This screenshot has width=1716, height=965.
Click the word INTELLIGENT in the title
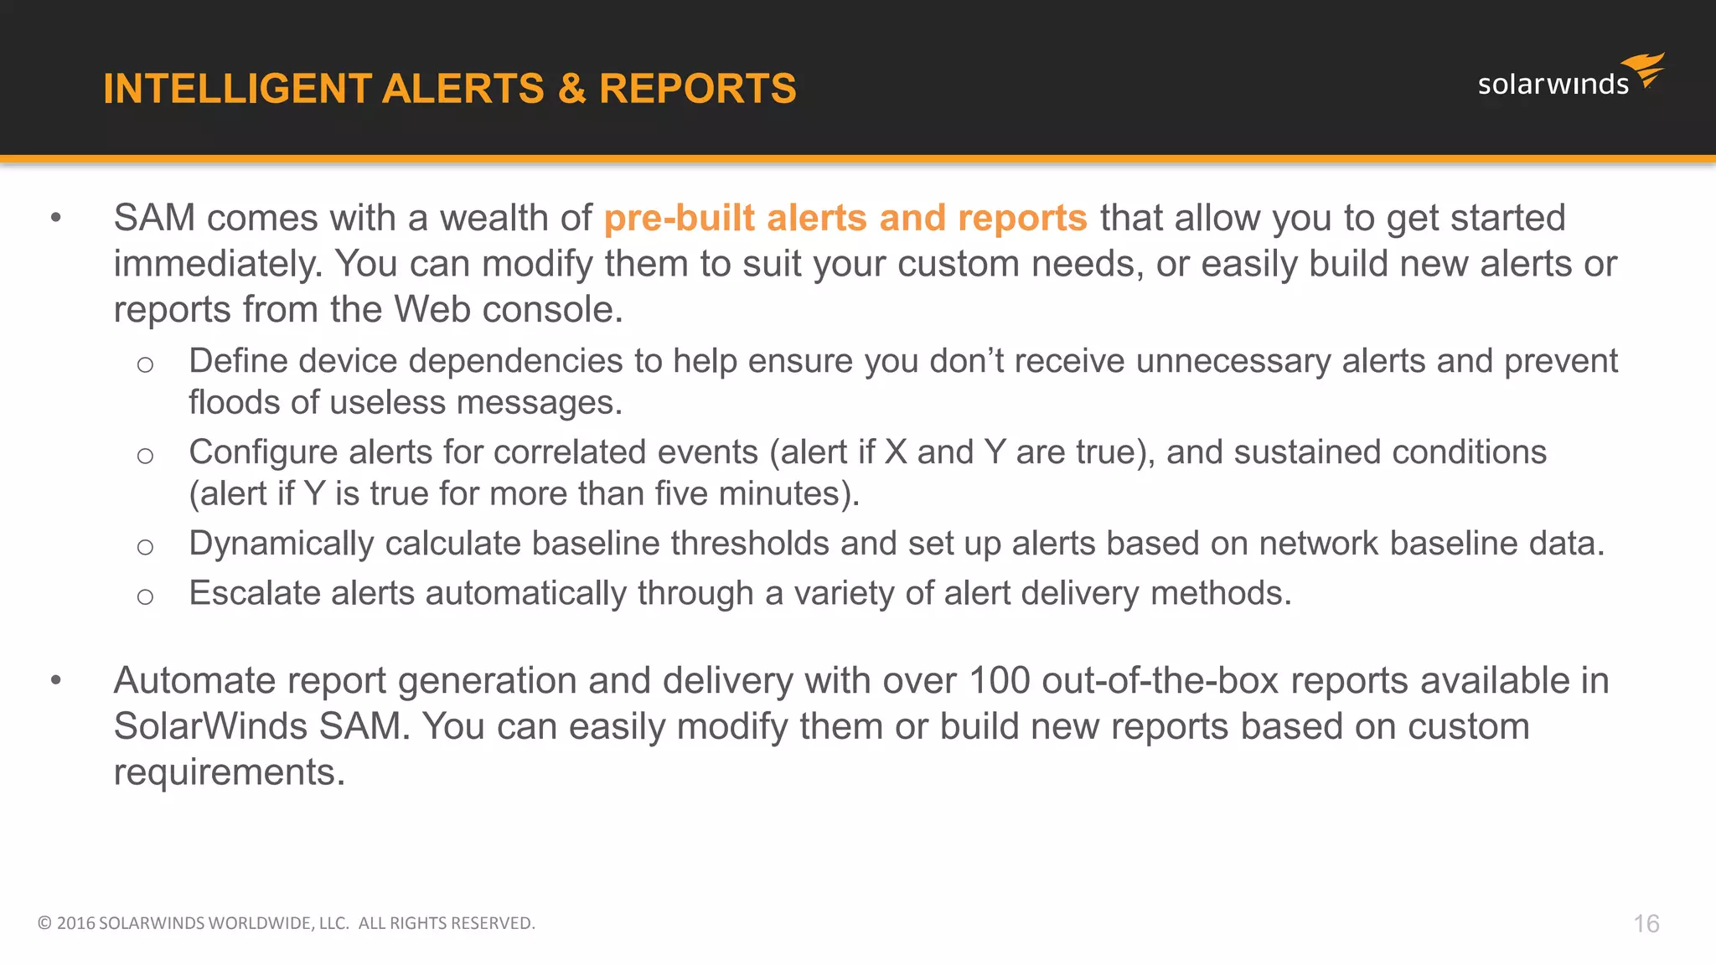tap(237, 89)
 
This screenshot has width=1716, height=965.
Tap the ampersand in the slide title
tap(571, 89)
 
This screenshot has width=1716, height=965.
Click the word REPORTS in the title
tap(698, 89)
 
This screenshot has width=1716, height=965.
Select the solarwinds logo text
tap(1553, 85)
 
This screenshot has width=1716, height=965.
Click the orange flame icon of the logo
tap(1644, 70)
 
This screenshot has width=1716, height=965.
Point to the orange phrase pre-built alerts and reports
tap(845, 218)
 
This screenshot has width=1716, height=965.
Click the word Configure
tap(263, 452)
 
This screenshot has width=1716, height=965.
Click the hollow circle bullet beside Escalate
tap(145, 596)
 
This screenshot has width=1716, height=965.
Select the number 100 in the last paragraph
tap(999, 680)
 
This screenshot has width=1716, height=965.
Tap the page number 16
tap(1646, 924)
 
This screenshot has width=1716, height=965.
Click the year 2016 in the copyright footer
tap(75, 923)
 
